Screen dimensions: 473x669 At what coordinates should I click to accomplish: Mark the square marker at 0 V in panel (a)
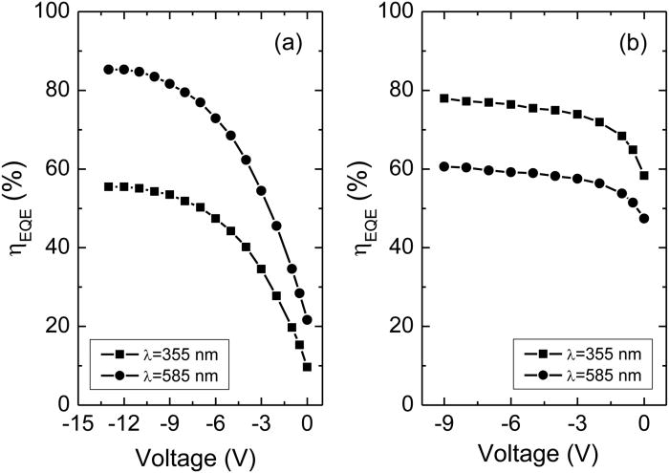[x=307, y=367]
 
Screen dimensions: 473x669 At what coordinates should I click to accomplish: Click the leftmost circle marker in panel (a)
[x=109, y=70]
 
